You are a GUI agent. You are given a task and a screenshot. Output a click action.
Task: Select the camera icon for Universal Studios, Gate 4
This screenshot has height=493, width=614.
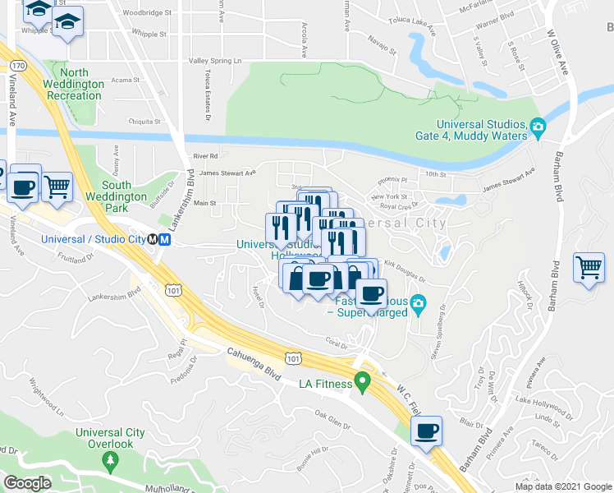tap(538, 127)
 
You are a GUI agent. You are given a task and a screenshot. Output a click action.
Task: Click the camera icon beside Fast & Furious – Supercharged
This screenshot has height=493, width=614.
tap(418, 306)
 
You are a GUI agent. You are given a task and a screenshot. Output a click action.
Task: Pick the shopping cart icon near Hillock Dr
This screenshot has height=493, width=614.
tap(589, 268)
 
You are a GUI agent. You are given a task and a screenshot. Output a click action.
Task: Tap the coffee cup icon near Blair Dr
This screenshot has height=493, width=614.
tap(426, 431)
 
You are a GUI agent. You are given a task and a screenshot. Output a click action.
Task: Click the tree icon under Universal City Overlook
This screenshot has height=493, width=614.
tap(110, 463)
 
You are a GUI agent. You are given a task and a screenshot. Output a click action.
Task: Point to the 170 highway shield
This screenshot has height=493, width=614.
tap(18, 65)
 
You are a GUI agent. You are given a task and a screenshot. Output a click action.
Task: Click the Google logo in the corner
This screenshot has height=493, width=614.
tap(26, 483)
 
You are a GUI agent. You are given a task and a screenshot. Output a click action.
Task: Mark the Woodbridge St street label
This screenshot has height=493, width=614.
tap(147, 13)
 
